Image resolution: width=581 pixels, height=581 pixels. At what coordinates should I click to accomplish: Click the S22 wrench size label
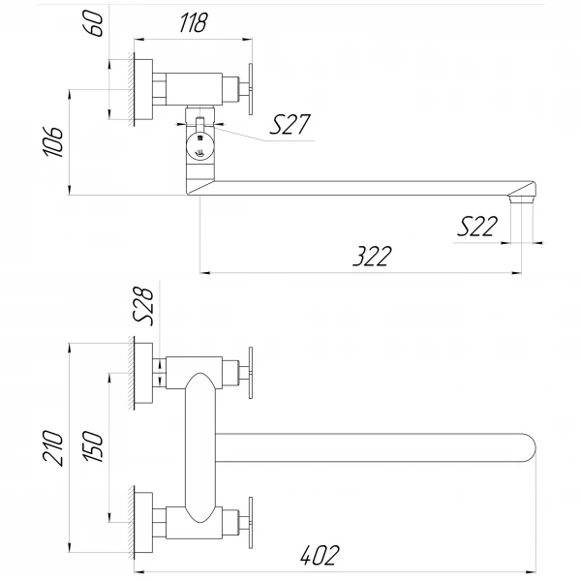click(479, 227)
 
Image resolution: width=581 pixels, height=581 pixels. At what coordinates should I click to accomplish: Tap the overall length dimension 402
click(321, 555)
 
